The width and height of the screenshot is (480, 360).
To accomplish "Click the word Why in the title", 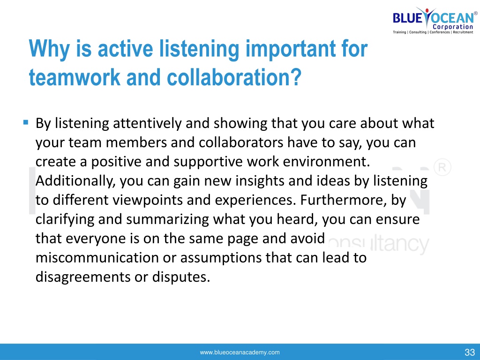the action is pyautogui.click(x=49, y=49).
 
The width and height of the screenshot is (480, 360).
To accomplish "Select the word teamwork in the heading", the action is pyautogui.click(x=75, y=77).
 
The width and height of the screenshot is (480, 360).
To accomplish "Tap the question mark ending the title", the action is pyautogui.click(x=295, y=77).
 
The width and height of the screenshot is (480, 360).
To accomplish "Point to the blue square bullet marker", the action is pyautogui.click(x=26, y=123).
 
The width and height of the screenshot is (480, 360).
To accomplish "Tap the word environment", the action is pyautogui.click(x=326, y=162).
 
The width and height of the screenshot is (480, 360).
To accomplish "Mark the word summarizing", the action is pyautogui.click(x=167, y=219).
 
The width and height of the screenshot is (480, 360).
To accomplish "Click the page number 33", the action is pyautogui.click(x=470, y=352).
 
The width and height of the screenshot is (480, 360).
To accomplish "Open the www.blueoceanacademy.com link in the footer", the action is pyautogui.click(x=240, y=352).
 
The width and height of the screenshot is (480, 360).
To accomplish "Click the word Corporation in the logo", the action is pyautogui.click(x=453, y=27).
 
